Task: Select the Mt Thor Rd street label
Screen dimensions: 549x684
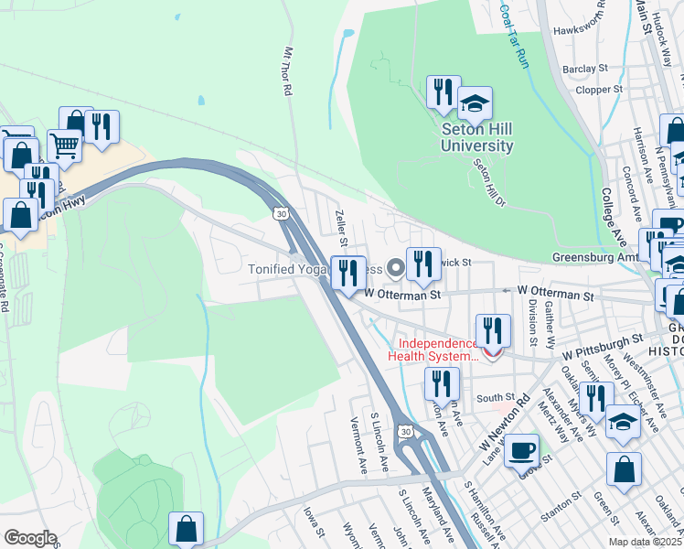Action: pyautogui.click(x=288, y=72)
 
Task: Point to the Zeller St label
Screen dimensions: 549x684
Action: pyautogui.click(x=340, y=227)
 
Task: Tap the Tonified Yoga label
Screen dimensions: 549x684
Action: pyautogui.click(x=291, y=269)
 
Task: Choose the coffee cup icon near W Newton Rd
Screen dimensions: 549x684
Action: pyautogui.click(x=521, y=450)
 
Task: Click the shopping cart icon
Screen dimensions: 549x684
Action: pyautogui.click(x=64, y=145)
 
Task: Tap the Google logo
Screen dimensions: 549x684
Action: pyautogui.click(x=30, y=538)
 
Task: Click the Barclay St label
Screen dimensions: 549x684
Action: pyautogui.click(x=585, y=69)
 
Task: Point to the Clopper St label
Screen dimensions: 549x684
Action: pyautogui.click(x=599, y=90)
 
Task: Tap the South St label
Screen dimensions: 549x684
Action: pyautogui.click(x=495, y=398)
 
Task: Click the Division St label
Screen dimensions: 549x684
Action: pyautogui.click(x=531, y=316)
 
